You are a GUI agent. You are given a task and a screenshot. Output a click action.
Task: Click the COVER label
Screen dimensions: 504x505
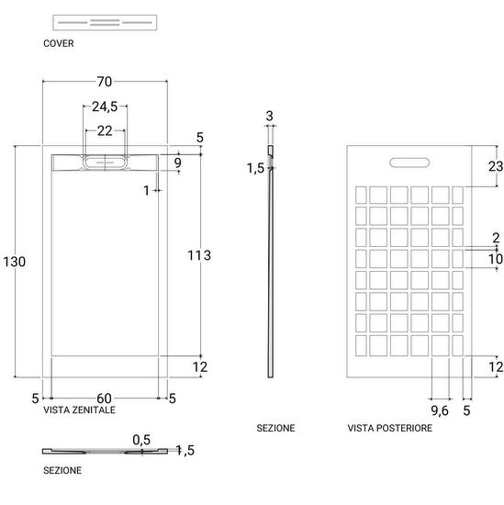[58, 43]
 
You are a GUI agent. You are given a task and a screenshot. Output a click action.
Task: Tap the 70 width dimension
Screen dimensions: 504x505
[105, 82]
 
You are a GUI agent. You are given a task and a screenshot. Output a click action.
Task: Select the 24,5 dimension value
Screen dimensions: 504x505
[105, 107]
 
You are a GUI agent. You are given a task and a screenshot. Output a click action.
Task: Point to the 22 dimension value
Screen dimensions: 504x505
[105, 130]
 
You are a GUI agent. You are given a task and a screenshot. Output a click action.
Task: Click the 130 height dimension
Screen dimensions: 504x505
[15, 262]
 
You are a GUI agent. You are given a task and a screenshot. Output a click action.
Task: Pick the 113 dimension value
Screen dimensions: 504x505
[199, 255]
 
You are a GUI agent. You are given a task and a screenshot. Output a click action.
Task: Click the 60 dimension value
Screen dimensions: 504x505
[105, 398]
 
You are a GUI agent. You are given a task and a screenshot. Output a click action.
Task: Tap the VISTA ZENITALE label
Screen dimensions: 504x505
[79, 410]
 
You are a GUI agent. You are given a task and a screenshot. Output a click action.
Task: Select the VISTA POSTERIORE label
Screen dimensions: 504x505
[389, 428]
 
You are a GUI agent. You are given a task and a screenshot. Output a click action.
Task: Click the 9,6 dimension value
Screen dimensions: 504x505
[440, 410]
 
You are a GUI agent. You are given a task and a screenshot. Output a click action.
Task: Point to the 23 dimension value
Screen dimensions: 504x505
[496, 166]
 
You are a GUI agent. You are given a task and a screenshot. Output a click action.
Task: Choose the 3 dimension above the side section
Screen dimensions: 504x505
[270, 117]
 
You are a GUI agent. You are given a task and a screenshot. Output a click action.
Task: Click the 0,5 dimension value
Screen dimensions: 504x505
[141, 440]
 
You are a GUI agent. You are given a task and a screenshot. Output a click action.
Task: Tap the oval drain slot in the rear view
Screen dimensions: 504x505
[409, 163]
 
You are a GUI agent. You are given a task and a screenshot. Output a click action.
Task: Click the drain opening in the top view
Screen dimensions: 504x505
[105, 163]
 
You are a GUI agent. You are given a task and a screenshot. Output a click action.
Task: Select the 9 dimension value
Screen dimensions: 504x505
[178, 163]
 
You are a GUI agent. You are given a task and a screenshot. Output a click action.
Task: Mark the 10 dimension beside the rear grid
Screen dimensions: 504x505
[496, 259]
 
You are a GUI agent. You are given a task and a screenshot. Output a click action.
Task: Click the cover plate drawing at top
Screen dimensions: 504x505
[105, 23]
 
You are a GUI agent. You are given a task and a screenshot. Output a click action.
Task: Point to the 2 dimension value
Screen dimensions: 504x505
[496, 238]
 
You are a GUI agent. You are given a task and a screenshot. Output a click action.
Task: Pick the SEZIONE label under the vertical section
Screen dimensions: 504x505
[275, 428]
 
